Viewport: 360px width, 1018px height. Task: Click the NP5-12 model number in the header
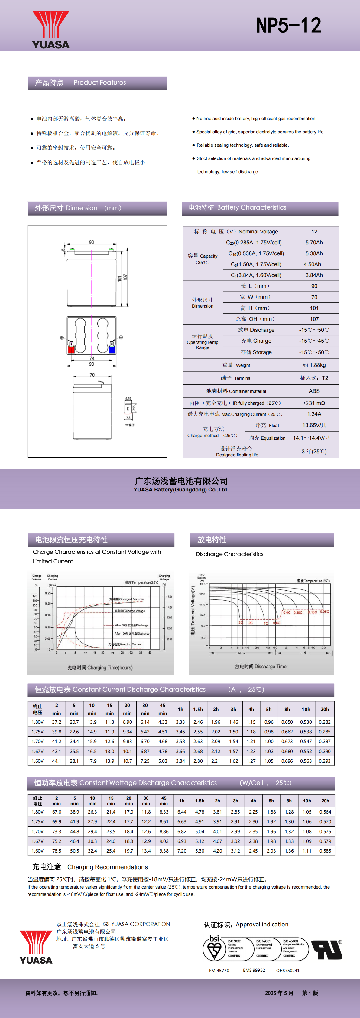(288, 26)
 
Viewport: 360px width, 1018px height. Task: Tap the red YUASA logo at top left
(50, 30)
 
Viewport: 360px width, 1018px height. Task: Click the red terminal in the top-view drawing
(71, 349)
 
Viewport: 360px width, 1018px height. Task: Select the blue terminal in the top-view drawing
(112, 349)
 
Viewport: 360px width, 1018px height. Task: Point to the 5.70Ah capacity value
(314, 243)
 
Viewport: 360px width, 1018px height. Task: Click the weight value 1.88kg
(314, 365)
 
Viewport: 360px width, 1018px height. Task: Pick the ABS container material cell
(314, 391)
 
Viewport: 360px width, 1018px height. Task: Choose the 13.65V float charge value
(314, 425)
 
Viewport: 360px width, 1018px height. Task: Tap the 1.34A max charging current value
(314, 414)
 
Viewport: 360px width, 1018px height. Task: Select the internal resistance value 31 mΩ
(314, 403)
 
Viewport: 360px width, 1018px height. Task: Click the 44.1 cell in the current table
(57, 761)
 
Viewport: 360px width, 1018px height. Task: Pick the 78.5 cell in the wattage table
(57, 851)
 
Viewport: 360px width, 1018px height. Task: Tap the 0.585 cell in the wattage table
(325, 851)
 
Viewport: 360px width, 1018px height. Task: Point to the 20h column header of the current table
(324, 709)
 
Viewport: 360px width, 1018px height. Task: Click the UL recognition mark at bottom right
(326, 949)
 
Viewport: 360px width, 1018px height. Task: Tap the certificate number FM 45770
(219, 970)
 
